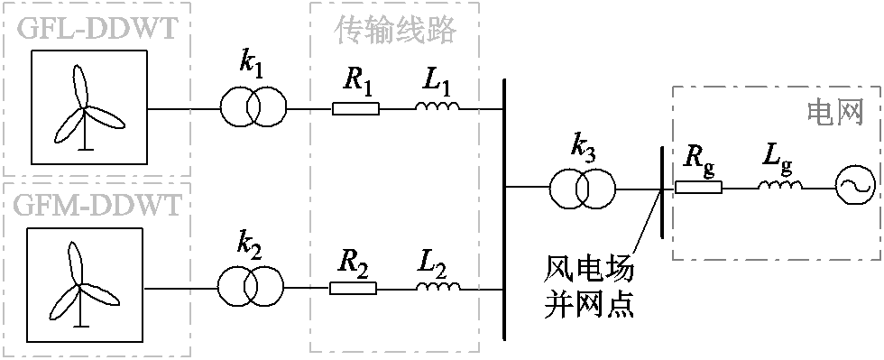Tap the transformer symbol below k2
(250, 288)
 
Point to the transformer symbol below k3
(582, 189)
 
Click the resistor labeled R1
(355, 109)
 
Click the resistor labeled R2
(354, 289)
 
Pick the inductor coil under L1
(437, 108)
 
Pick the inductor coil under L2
(437, 288)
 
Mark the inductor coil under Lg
(779, 188)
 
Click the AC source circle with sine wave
(851, 188)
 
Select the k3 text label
(585, 147)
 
